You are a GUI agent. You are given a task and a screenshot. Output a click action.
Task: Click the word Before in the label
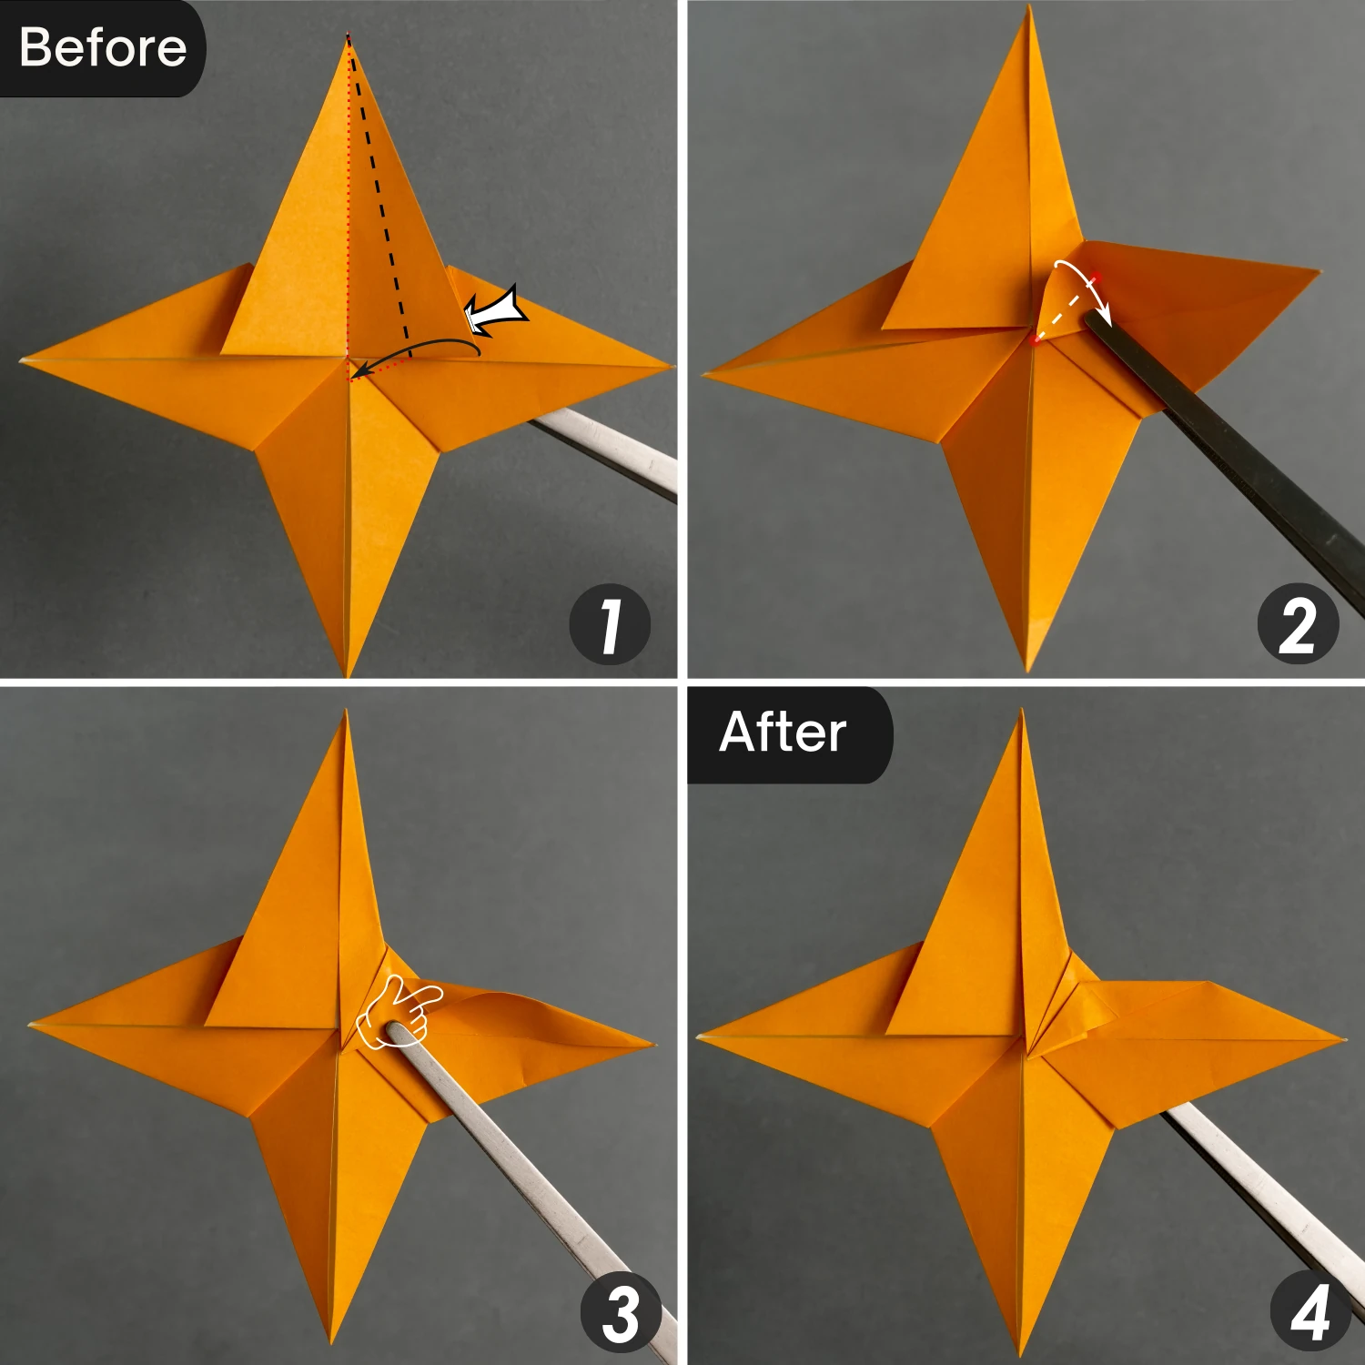pos(102,47)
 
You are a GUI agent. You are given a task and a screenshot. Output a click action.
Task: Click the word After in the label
pos(783,733)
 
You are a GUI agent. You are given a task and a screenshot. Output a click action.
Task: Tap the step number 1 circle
pos(610,624)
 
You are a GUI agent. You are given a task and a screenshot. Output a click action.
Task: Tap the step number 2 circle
pos(1298,624)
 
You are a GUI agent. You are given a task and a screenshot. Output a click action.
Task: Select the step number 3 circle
pos(621,1312)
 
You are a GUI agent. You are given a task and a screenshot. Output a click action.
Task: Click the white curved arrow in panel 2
pos(1083,282)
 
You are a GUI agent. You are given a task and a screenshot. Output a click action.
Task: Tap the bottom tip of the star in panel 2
pos(1028,670)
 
